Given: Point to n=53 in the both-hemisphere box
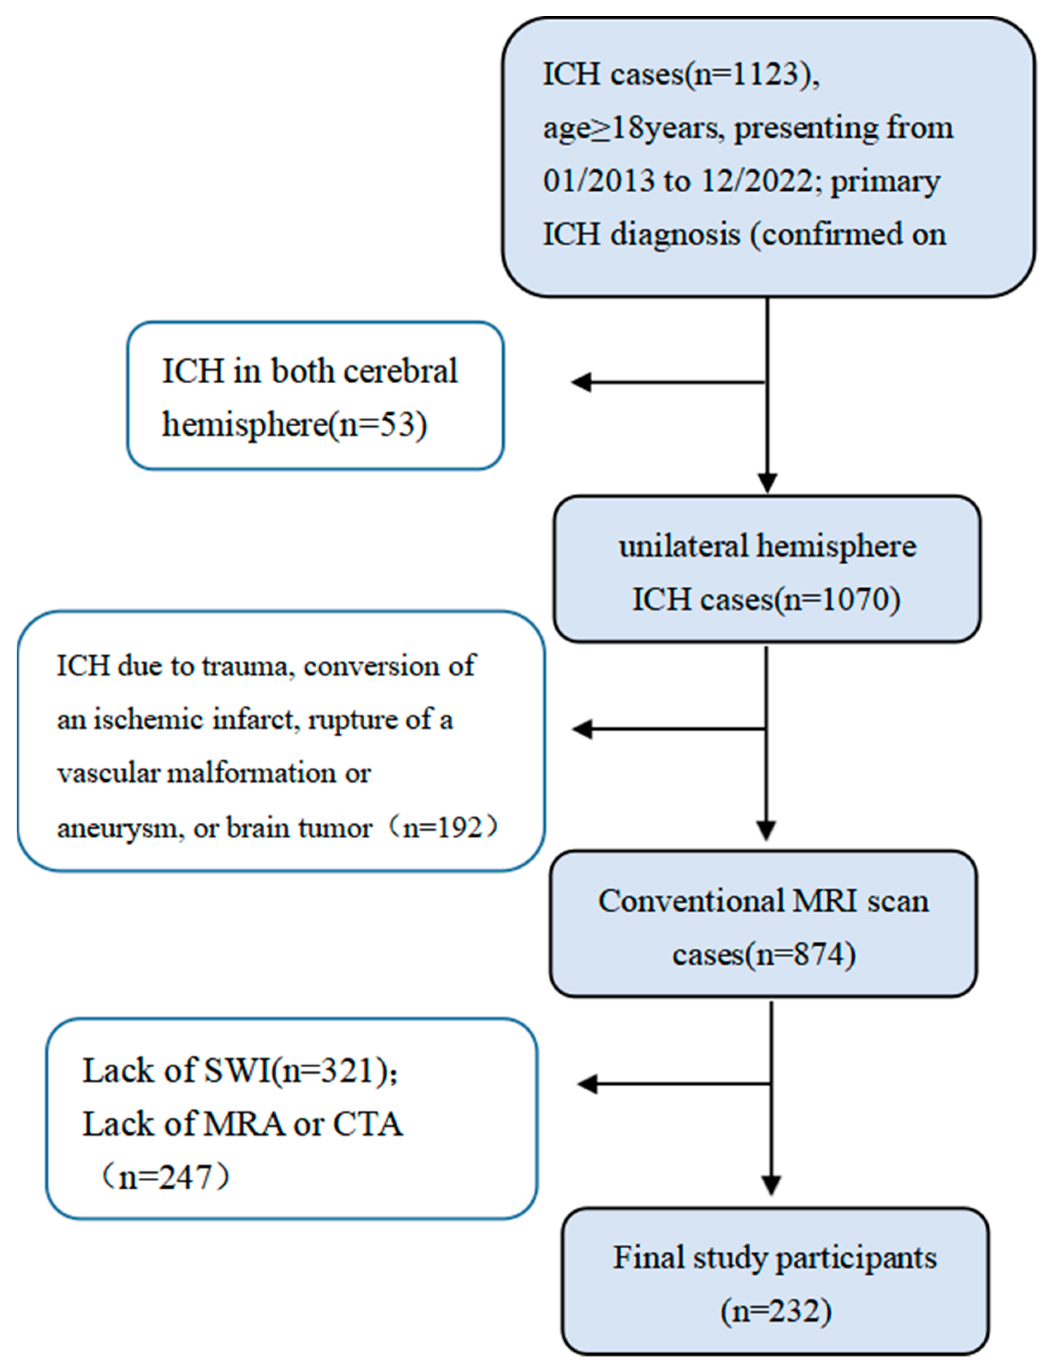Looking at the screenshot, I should pyautogui.click(x=379, y=424).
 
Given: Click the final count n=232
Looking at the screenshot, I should pyautogui.click(x=776, y=1312).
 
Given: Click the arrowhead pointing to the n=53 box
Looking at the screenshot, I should pyautogui.click(x=581, y=382).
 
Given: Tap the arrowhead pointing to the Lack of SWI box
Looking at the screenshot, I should pyautogui.click(x=587, y=1084).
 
